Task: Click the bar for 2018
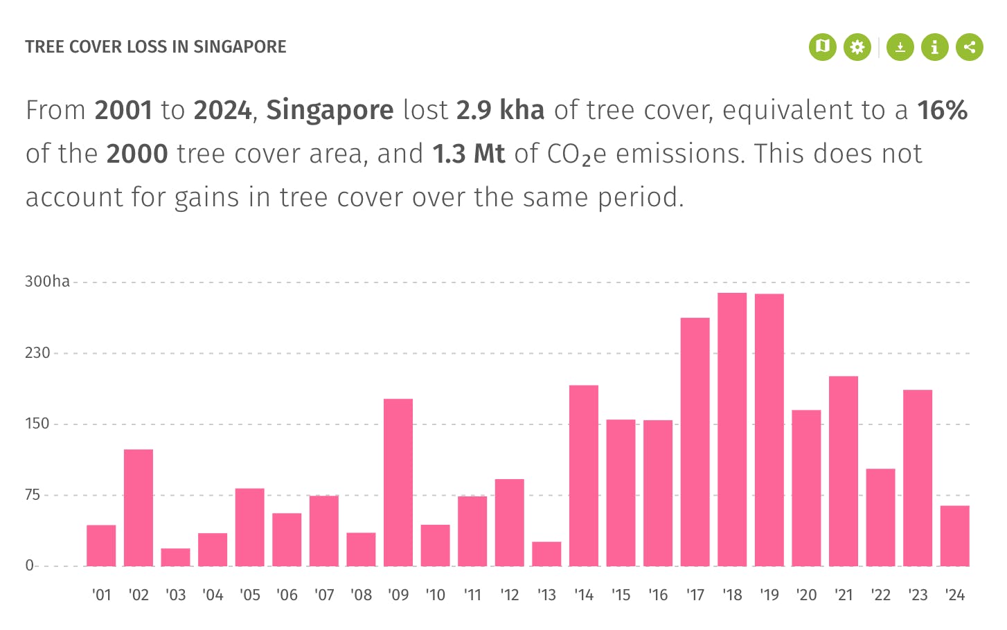732,429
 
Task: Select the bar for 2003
175,557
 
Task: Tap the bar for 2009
398,483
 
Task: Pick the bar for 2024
954,536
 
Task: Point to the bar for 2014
584,476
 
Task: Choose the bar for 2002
139,507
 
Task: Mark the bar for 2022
880,517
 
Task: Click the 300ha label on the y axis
48,282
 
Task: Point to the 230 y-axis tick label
38,353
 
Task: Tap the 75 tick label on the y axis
33,495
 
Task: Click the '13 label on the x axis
546,595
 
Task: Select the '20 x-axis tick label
806,595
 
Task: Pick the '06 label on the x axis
287,595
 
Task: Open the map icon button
823,47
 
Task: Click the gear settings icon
857,47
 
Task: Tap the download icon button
900,47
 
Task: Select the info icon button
935,47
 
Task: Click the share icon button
970,47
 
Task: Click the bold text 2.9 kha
500,111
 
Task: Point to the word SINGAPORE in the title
240,47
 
